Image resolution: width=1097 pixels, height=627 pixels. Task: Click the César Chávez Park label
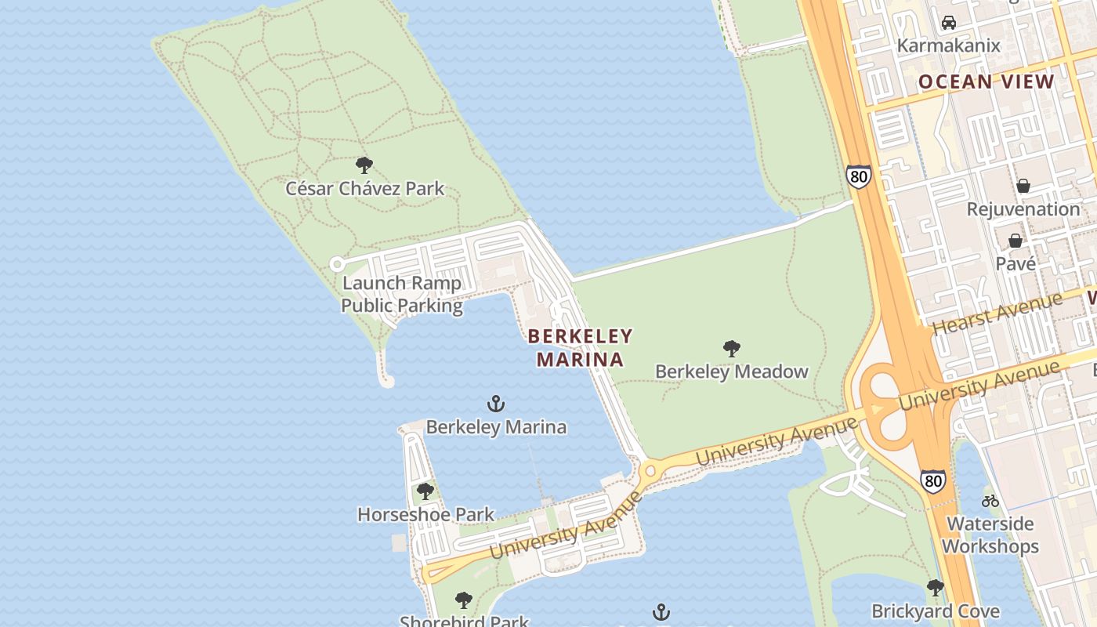click(364, 188)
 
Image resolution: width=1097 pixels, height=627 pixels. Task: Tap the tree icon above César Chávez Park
click(364, 165)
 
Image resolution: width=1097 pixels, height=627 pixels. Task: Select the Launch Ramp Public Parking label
click(402, 294)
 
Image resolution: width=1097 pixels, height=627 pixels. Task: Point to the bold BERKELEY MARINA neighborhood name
click(580, 348)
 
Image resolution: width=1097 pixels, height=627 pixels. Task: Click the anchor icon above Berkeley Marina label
click(496, 404)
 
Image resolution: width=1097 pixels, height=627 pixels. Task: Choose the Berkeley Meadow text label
click(731, 371)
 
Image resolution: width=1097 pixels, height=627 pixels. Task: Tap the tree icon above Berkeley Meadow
click(732, 348)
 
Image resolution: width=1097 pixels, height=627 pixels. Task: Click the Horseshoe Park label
click(425, 514)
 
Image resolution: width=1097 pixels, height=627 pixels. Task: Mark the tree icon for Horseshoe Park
click(425, 491)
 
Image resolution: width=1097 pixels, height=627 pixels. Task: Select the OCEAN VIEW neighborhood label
click(987, 82)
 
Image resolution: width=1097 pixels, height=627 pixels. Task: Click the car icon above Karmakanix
click(949, 23)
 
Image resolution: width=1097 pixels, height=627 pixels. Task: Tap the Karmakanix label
click(948, 45)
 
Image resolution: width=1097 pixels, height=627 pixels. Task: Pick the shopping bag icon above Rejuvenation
click(1023, 186)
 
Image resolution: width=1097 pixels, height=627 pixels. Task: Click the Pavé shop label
click(1016, 263)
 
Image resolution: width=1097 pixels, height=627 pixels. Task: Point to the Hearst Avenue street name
click(997, 312)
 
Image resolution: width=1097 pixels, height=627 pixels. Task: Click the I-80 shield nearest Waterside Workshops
click(932, 480)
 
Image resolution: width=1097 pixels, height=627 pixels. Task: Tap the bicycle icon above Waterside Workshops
click(990, 501)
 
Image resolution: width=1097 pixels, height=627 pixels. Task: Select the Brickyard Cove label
click(936, 611)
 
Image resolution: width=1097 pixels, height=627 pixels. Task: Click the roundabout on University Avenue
click(650, 473)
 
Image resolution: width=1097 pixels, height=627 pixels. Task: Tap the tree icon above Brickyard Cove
click(935, 588)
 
